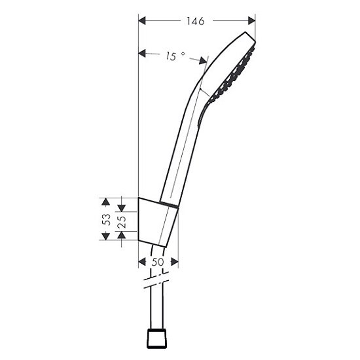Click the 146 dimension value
click(x=195, y=21)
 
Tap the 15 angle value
click(x=171, y=56)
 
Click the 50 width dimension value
click(x=158, y=262)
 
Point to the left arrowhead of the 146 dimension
click(x=142, y=21)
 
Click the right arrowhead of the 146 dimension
click(x=251, y=21)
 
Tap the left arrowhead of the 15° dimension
click(x=142, y=54)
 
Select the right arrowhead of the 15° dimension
click(x=203, y=61)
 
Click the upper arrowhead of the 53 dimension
click(x=105, y=202)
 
